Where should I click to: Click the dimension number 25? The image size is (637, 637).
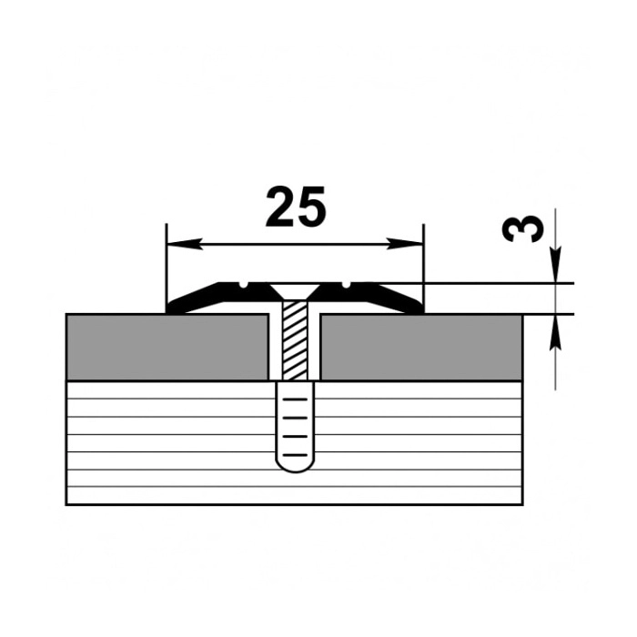296,207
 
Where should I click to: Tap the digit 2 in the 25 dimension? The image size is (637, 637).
280,207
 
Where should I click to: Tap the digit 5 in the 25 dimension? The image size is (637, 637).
311,207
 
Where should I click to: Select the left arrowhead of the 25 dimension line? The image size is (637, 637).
185,244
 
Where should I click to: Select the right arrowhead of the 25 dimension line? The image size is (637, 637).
405,244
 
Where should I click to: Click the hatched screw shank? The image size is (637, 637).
295,340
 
